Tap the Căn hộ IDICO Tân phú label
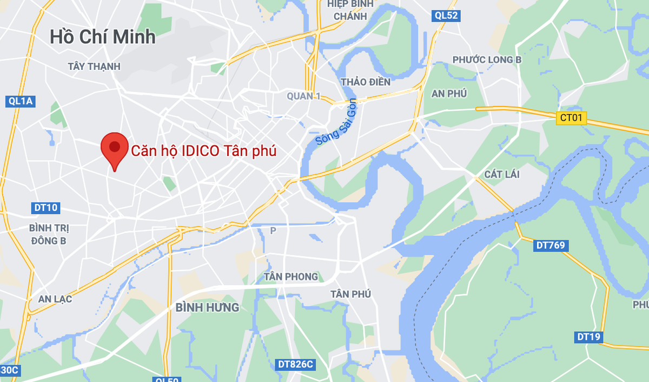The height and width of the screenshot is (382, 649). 204,150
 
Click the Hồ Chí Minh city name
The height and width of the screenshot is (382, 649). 103,37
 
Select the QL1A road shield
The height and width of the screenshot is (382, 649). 21,101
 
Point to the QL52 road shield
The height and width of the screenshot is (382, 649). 447,16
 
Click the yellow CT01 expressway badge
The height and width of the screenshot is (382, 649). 571,117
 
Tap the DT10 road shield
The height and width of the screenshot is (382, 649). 45,207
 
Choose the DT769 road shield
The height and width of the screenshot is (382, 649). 551,245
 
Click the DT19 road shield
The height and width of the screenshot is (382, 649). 589,337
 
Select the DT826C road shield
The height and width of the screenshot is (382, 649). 295,364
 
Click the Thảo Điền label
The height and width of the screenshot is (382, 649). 366,82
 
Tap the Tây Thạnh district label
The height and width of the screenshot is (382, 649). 94,66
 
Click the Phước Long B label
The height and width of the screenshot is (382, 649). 487,60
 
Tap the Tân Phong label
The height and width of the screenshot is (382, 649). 291,276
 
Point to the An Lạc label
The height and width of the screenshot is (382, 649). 55,299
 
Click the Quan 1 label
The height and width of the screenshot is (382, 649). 304,96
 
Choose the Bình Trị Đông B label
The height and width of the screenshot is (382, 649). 49,234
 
